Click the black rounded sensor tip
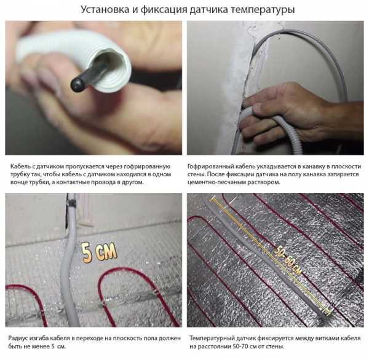78,85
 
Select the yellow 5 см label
99,252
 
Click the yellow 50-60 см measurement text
287,260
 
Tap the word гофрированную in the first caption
147,166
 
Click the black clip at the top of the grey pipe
72,203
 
